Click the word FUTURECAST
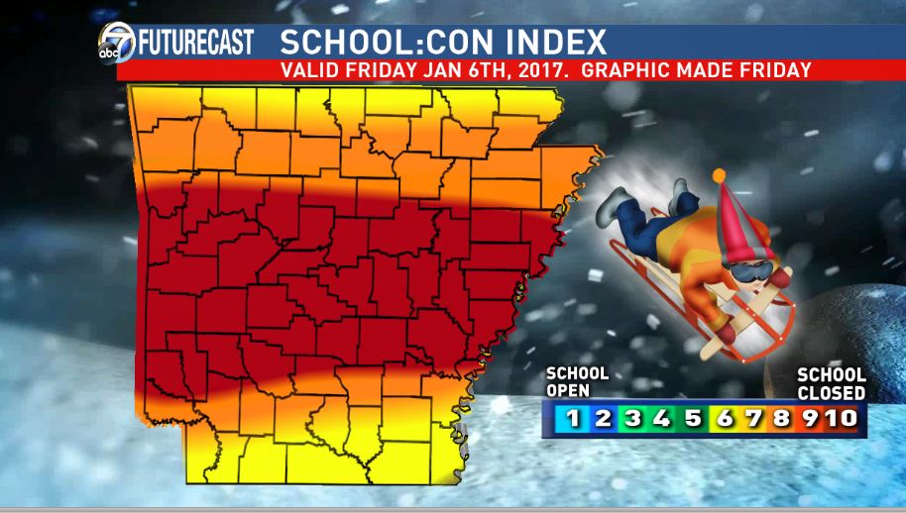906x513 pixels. [x=195, y=43]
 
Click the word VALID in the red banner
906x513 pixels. [x=310, y=70]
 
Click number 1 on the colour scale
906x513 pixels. [x=573, y=418]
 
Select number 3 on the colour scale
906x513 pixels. [x=631, y=418]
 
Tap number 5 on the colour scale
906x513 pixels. [x=692, y=418]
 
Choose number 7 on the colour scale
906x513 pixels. [x=753, y=418]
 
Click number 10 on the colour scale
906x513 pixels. [x=841, y=418]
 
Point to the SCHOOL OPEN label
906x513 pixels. [x=577, y=381]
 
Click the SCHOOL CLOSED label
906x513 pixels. [x=832, y=384]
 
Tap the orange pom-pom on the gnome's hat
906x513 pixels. [x=719, y=175]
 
